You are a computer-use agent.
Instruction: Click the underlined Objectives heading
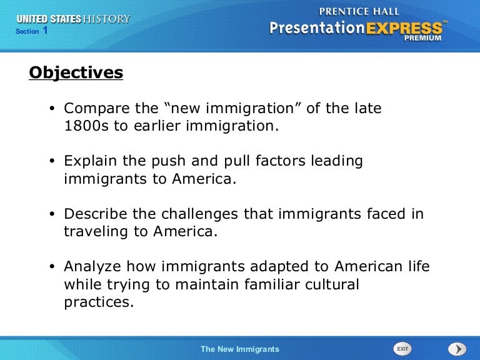[76, 73]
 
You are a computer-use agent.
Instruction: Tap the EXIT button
[402, 349]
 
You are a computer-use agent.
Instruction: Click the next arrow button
[457, 349]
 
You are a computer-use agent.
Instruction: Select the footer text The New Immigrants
[240, 349]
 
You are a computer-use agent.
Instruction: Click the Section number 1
[45, 30]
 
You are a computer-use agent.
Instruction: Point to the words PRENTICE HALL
[359, 12]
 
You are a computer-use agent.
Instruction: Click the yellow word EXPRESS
[404, 28]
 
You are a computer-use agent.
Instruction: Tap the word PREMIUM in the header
[422, 38]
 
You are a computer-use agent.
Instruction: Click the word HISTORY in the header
[106, 19]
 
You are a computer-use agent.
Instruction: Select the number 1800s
[86, 126]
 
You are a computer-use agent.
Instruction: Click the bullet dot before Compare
[52, 108]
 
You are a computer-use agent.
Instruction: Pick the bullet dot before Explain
[52, 161]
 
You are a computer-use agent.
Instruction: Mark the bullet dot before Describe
[52, 214]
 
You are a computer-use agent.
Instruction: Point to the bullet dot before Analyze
[52, 267]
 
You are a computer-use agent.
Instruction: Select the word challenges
[199, 214]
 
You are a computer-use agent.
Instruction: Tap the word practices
[99, 302]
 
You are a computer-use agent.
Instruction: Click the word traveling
[96, 232]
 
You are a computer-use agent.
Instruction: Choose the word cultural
[332, 284]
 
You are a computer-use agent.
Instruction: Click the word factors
[281, 161]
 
